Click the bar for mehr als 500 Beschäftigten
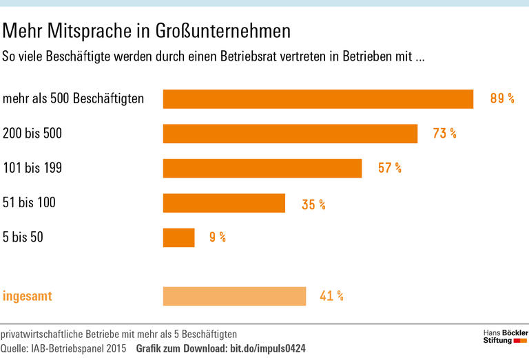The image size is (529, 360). pyautogui.click(x=318, y=99)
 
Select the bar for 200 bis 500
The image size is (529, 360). pyautogui.click(x=290, y=134)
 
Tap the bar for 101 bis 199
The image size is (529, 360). pyautogui.click(x=262, y=168)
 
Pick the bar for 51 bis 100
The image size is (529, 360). pyautogui.click(x=224, y=203)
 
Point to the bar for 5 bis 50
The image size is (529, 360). pyautogui.click(x=178, y=237)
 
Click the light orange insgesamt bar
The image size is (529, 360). pyautogui.click(x=234, y=296)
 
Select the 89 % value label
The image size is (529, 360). pyautogui.click(x=502, y=98)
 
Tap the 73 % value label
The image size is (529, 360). pyautogui.click(x=444, y=134)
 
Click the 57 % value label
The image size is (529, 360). pyautogui.click(x=389, y=168)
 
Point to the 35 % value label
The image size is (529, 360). pyautogui.click(x=313, y=204)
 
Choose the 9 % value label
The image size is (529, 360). pyautogui.click(x=218, y=237)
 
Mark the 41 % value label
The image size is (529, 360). pyautogui.click(x=331, y=296)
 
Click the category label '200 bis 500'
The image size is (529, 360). pyautogui.click(x=32, y=134)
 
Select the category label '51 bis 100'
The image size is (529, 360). pyautogui.click(x=30, y=202)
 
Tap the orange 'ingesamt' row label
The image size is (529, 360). pyautogui.click(x=28, y=297)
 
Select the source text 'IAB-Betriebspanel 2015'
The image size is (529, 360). pyautogui.click(x=82, y=348)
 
